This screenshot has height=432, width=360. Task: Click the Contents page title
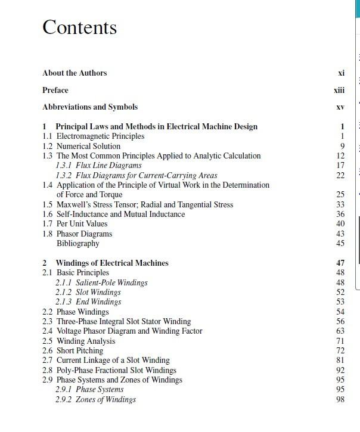(79, 27)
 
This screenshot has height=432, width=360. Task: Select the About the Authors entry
(75, 73)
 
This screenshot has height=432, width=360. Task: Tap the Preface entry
(55, 90)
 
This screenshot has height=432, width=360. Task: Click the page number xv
(340, 107)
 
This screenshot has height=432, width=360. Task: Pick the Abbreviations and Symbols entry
(90, 107)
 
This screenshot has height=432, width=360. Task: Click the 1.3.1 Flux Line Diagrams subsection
(98, 165)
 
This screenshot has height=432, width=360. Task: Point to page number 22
(340, 175)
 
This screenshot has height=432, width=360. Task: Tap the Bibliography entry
(77, 243)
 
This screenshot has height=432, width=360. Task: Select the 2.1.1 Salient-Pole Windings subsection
(101, 282)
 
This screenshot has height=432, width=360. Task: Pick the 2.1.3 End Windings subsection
(88, 302)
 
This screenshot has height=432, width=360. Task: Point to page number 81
(340, 360)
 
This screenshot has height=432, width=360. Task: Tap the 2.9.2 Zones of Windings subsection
(95, 399)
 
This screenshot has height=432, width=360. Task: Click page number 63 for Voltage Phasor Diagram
(340, 331)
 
